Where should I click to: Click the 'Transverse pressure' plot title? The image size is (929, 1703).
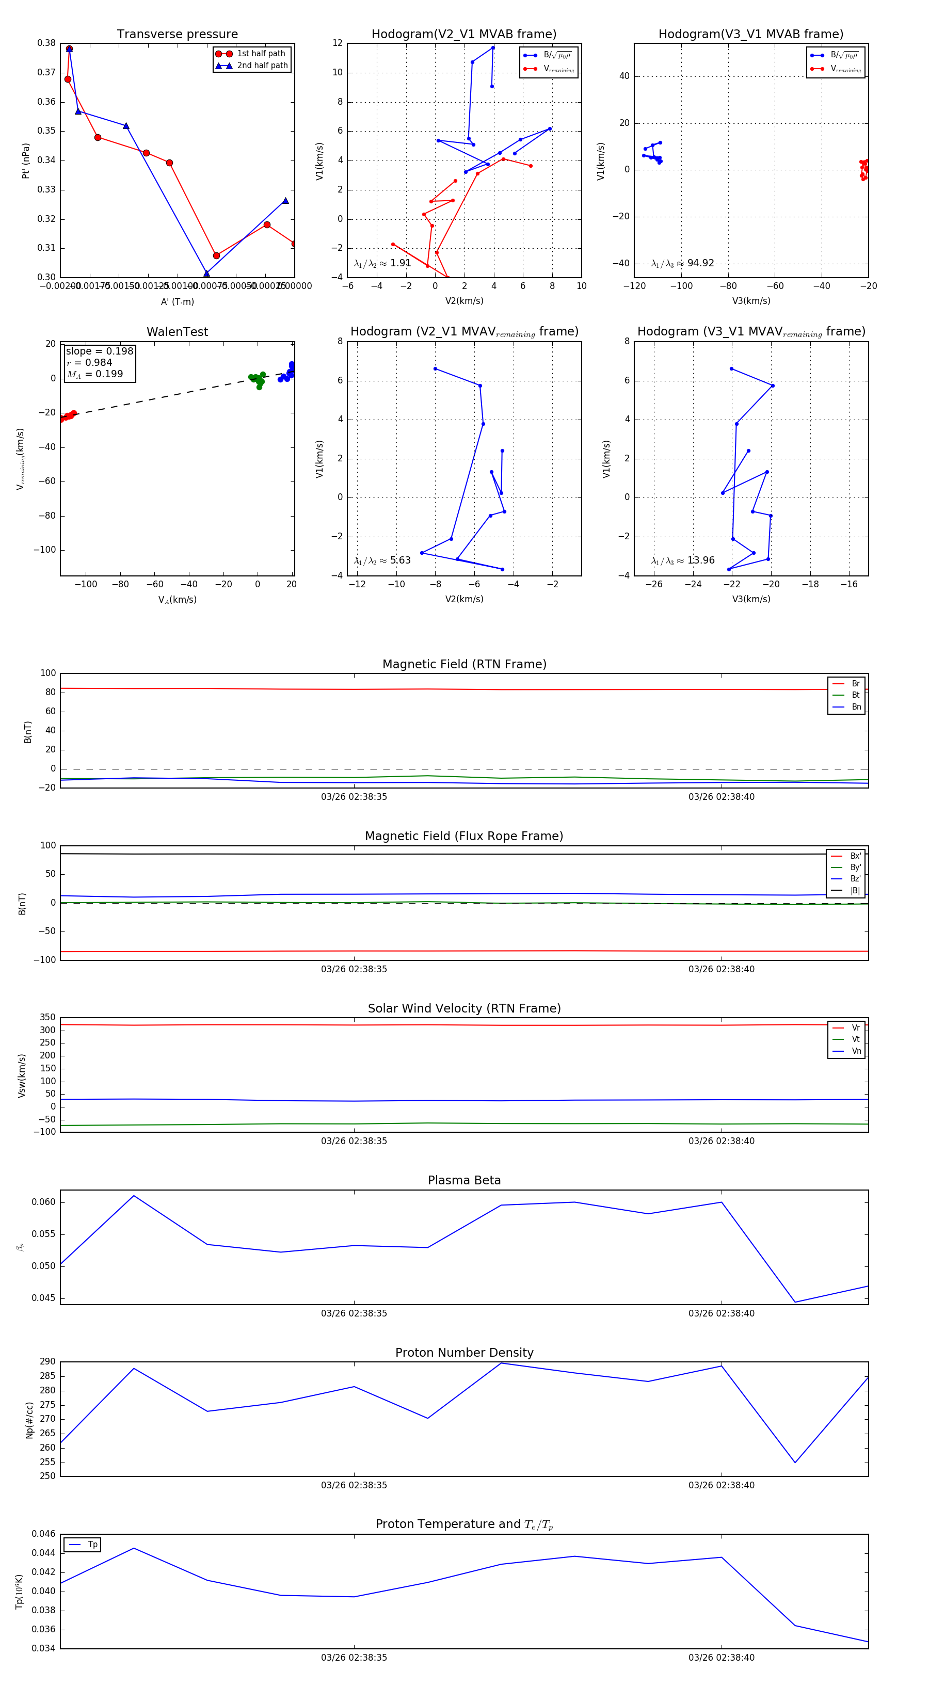click(177, 35)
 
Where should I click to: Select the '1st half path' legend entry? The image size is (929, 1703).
click(261, 54)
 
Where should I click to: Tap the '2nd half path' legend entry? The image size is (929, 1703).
click(262, 66)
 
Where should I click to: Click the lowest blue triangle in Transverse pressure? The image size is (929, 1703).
click(207, 273)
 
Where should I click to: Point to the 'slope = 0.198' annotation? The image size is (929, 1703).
click(99, 351)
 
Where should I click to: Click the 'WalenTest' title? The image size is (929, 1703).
click(177, 332)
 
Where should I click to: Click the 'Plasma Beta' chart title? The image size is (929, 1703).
click(464, 1181)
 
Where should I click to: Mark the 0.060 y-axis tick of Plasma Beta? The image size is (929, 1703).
click(44, 1202)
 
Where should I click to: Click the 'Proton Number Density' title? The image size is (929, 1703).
click(464, 1353)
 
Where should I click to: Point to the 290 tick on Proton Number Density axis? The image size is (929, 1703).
click(47, 1361)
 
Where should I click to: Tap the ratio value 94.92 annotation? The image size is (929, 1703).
click(700, 263)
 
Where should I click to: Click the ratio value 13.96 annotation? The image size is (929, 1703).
click(700, 560)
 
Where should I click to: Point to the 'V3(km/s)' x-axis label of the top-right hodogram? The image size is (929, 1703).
click(750, 301)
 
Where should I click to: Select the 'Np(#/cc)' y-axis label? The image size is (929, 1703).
click(29, 1419)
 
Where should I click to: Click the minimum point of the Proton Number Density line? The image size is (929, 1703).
click(795, 1463)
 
